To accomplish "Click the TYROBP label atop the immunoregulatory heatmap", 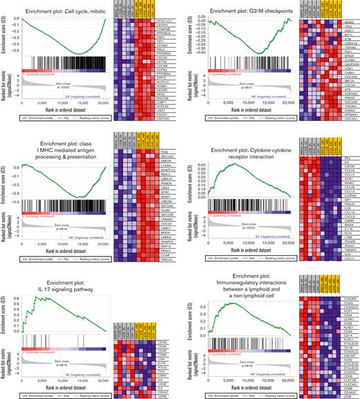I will coord(338,279).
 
